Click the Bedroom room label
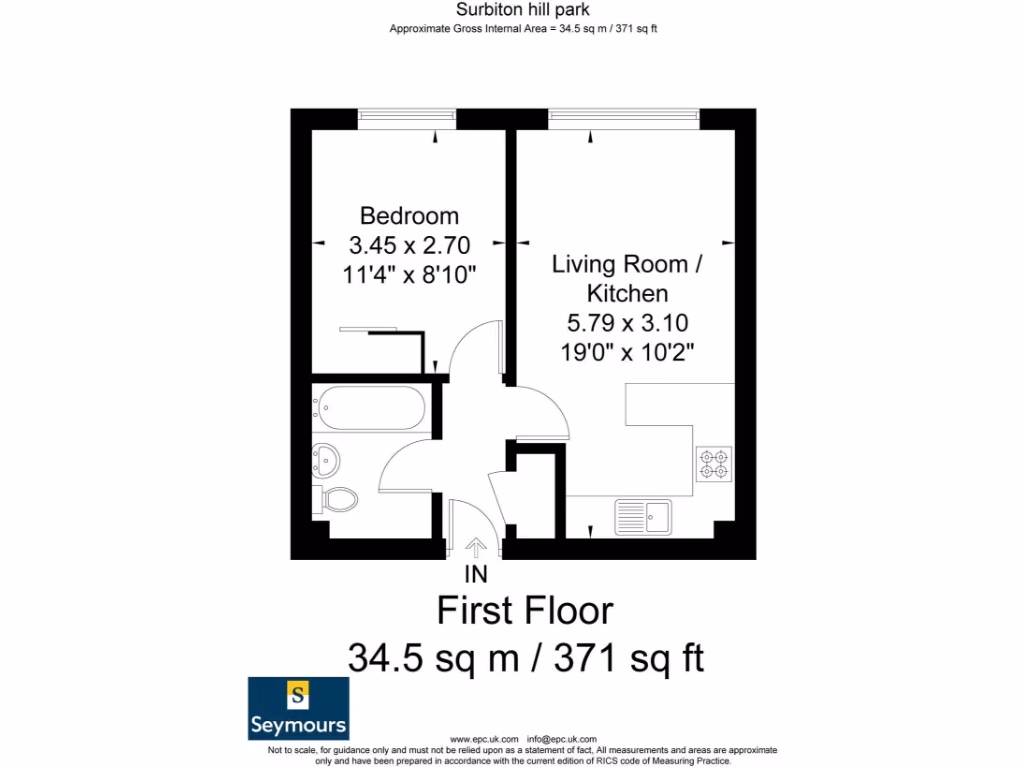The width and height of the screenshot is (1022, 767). click(x=409, y=216)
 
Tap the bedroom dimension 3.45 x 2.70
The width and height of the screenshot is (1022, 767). click(x=409, y=245)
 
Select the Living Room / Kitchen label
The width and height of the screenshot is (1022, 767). click(x=627, y=279)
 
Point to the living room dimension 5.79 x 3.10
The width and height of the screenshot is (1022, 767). click(x=627, y=324)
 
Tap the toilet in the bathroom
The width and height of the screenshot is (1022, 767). click(x=338, y=499)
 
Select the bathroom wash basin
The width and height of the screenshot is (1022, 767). click(x=326, y=460)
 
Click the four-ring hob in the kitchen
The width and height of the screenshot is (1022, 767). click(x=714, y=464)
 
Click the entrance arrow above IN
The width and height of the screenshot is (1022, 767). click(x=476, y=547)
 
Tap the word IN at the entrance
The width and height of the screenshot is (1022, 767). click(x=476, y=575)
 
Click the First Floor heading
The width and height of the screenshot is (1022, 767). click(x=525, y=610)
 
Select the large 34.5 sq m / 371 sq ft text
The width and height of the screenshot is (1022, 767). click(x=525, y=658)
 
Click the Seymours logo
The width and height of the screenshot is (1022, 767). click(x=297, y=708)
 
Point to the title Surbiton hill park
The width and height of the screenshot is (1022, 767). click(x=522, y=10)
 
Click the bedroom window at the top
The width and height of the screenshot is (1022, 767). click(x=407, y=118)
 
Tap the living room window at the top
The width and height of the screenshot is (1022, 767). click(x=623, y=118)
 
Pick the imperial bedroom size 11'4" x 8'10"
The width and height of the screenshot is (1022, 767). click(x=409, y=274)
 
